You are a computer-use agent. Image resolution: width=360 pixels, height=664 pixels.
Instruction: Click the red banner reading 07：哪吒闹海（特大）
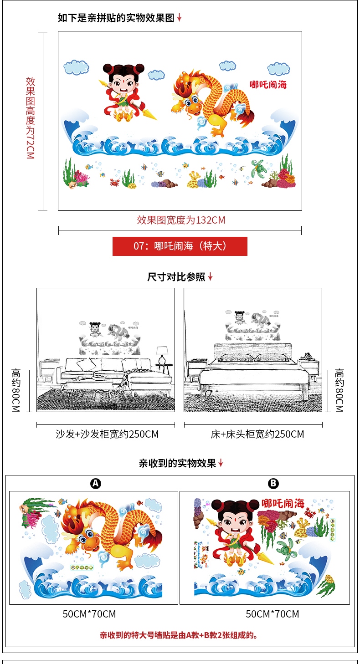point(180,246)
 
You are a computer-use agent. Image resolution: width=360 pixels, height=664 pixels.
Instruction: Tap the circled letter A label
point(96,484)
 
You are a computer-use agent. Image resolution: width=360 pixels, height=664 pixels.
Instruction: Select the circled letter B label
point(273,484)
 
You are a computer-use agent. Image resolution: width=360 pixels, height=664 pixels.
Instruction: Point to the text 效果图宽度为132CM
point(181,220)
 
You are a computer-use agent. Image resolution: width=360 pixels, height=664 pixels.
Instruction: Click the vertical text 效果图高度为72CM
point(30,118)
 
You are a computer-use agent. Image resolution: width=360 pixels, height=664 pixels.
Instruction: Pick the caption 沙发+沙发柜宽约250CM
point(107,434)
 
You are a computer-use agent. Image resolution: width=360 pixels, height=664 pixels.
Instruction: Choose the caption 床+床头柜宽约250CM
point(257,434)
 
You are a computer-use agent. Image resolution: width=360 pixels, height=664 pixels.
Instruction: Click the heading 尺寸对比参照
point(176,277)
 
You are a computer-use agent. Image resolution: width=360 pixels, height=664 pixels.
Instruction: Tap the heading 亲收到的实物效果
point(177,464)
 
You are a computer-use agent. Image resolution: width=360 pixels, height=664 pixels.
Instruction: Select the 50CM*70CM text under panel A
point(89,614)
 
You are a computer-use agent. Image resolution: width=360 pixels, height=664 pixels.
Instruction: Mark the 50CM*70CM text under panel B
point(273,614)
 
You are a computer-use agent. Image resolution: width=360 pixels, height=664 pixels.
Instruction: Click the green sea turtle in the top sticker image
point(257,169)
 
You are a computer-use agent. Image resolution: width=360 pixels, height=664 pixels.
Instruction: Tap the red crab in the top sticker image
point(114,182)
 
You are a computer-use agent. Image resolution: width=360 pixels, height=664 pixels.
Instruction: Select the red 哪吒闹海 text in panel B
point(283,503)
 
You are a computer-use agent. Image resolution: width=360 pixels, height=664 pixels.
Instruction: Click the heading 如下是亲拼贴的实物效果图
point(116,18)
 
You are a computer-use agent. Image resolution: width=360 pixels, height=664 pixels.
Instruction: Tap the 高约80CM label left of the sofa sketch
point(16,390)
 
